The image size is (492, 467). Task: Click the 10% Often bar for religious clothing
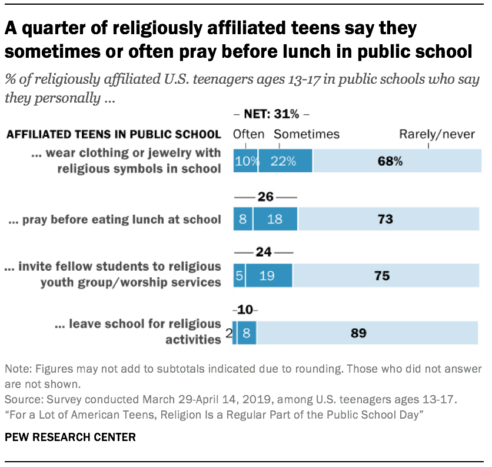tap(245, 161)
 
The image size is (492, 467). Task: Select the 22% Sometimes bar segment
tap(285, 161)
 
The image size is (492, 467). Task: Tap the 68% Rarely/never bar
tap(395, 161)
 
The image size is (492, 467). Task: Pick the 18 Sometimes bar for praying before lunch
tap(275, 219)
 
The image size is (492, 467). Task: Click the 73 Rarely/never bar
tap(388, 219)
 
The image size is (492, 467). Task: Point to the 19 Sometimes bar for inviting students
tap(269, 275)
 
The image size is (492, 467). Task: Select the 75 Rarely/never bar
tap(385, 275)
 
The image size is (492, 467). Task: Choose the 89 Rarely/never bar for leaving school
tap(367, 333)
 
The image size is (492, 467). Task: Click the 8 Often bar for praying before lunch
tap(243, 219)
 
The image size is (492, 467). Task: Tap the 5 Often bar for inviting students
tap(239, 275)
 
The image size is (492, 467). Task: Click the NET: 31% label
tap(271, 115)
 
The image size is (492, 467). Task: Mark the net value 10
tap(245, 310)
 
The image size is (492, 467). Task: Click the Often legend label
tap(248, 134)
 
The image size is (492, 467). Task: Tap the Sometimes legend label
tap(307, 134)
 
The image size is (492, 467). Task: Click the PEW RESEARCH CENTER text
tap(70, 437)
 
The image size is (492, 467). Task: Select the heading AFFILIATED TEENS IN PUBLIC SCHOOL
tap(114, 134)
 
